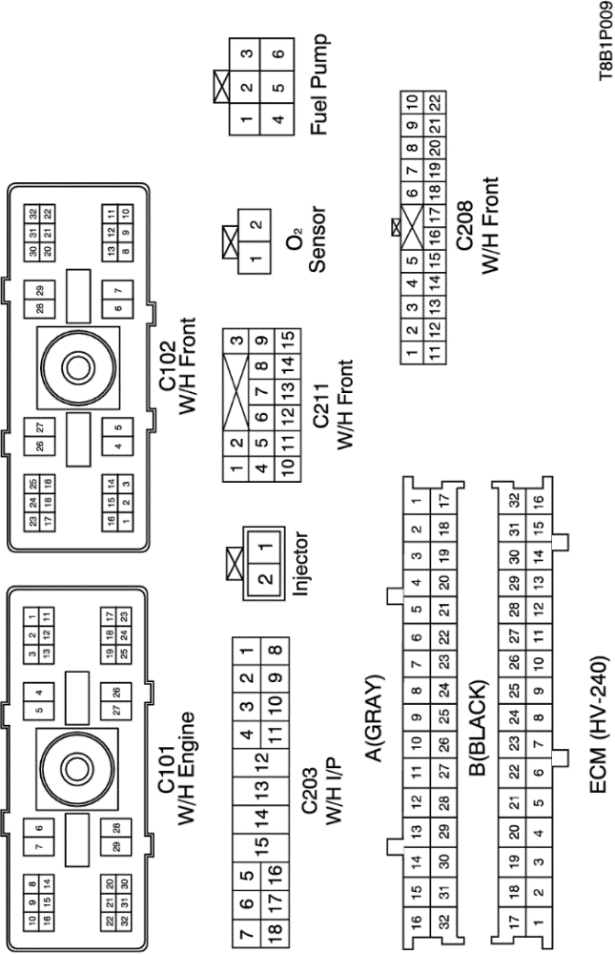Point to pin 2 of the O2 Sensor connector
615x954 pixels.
click(x=253, y=227)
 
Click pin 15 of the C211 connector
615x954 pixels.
click(x=285, y=339)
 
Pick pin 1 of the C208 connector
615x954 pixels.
click(x=411, y=355)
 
